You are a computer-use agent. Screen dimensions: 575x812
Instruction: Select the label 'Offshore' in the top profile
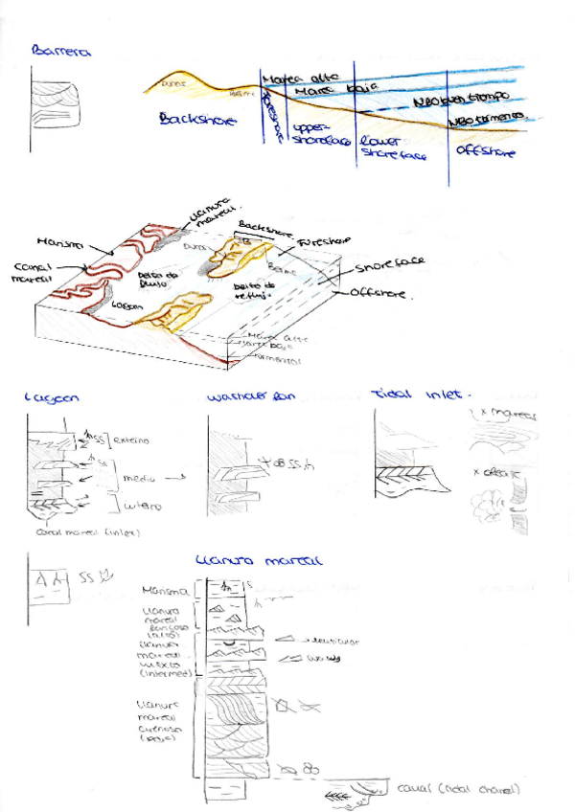tap(485, 151)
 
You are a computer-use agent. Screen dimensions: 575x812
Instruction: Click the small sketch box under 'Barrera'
tap(55, 102)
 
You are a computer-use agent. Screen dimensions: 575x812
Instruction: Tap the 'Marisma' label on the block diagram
tap(57, 243)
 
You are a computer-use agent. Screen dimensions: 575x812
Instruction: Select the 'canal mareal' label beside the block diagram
tap(34, 273)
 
